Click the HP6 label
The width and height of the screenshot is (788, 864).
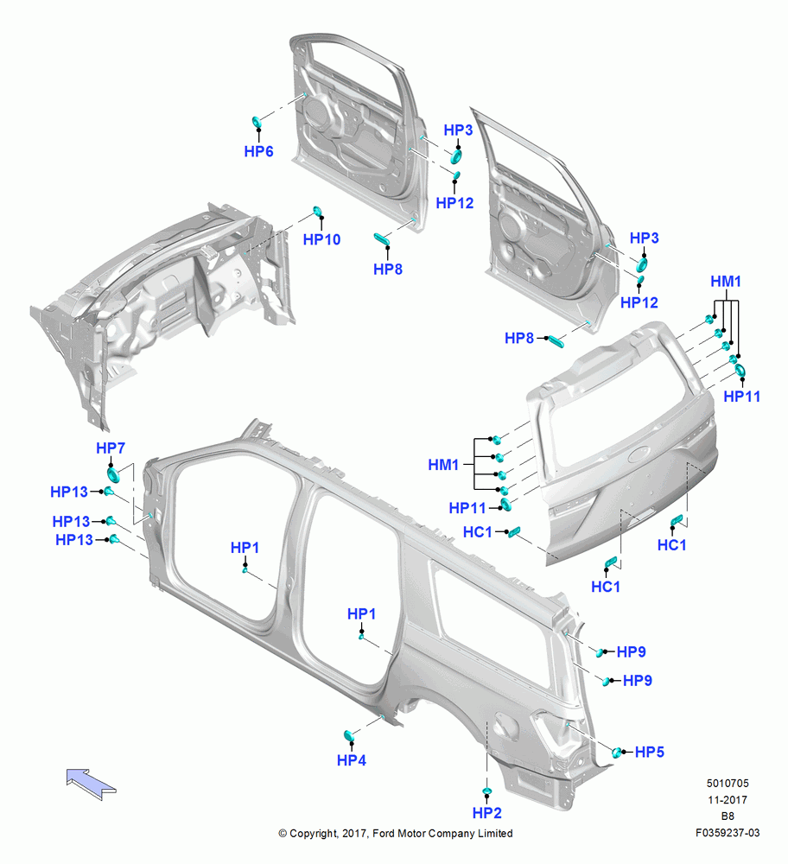pyautogui.click(x=258, y=151)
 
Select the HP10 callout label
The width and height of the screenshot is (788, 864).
pyautogui.click(x=321, y=239)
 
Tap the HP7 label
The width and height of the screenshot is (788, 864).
pyautogui.click(x=111, y=448)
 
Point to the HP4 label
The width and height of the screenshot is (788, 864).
pyautogui.click(x=352, y=760)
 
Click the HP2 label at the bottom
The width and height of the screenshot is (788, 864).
pyautogui.click(x=487, y=813)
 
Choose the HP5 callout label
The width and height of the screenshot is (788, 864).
pyautogui.click(x=650, y=753)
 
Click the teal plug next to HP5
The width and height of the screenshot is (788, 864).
pyautogui.click(x=618, y=753)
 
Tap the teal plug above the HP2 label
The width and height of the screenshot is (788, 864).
pyautogui.click(x=487, y=791)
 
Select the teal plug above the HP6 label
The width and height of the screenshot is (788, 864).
pyautogui.click(x=257, y=121)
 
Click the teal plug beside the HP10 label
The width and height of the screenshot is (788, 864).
pyautogui.click(x=317, y=211)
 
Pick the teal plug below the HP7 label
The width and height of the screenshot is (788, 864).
pyautogui.click(x=113, y=475)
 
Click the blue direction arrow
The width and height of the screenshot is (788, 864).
pyautogui.click(x=91, y=783)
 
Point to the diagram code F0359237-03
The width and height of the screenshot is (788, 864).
pyautogui.click(x=728, y=833)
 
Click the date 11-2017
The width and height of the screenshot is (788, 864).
pyautogui.click(x=728, y=800)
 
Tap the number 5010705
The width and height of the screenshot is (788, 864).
pyautogui.click(x=728, y=784)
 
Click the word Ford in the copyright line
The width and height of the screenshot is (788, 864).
pyautogui.click(x=384, y=834)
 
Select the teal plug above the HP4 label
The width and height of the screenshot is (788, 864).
pyautogui.click(x=348, y=735)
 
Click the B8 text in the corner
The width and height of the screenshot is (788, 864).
pyautogui.click(x=728, y=816)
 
